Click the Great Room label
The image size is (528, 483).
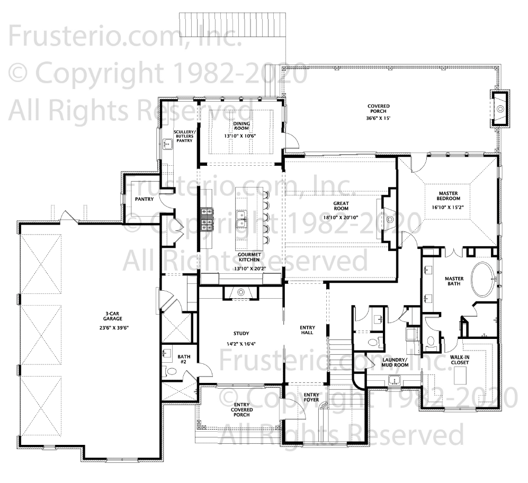[341, 206]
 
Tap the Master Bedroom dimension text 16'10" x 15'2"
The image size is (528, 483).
[448, 208]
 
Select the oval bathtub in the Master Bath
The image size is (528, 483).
[484, 279]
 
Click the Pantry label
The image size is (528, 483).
[144, 199]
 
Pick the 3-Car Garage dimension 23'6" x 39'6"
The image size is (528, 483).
[113, 327]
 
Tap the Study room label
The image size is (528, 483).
[241, 334]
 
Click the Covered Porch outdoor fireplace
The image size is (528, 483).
[500, 109]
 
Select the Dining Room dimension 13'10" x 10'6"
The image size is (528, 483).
[240, 136]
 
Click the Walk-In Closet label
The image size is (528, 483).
[460, 360]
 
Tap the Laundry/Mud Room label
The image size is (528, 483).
[395, 362]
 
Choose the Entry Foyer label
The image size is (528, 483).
[311, 397]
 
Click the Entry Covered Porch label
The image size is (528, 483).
[242, 409]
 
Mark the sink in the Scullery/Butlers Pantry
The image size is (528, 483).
[167, 144]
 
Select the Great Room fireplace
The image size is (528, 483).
[389, 219]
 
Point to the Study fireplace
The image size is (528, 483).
[241, 292]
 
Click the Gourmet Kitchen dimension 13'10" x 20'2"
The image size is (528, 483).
[249, 269]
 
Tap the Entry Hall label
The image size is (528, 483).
[307, 330]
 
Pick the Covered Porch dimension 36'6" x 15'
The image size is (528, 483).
[378, 118]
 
